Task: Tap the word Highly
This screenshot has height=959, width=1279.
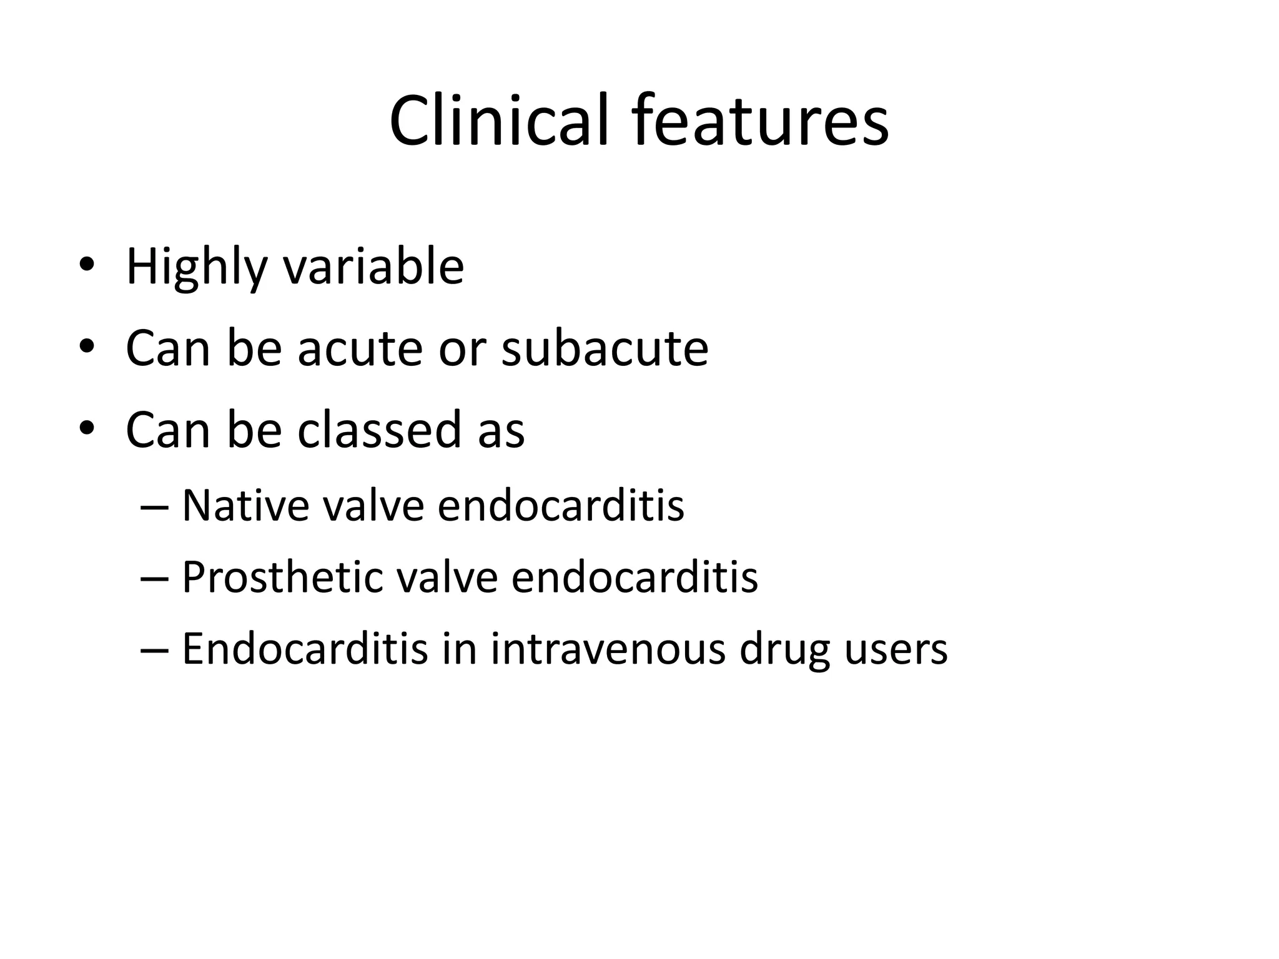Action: click(x=196, y=267)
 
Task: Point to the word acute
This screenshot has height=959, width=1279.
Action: click(x=360, y=348)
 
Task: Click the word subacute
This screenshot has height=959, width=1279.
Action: click(x=605, y=348)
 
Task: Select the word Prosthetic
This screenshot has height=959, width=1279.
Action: click(x=282, y=577)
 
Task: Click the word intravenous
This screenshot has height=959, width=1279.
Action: click(x=608, y=649)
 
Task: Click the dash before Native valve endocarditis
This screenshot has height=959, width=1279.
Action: click(x=154, y=506)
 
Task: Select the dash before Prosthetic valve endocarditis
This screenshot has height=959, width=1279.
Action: click(x=154, y=578)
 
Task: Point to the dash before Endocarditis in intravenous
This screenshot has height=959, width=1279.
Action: click(x=154, y=650)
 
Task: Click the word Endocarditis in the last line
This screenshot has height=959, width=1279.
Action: click(x=305, y=649)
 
